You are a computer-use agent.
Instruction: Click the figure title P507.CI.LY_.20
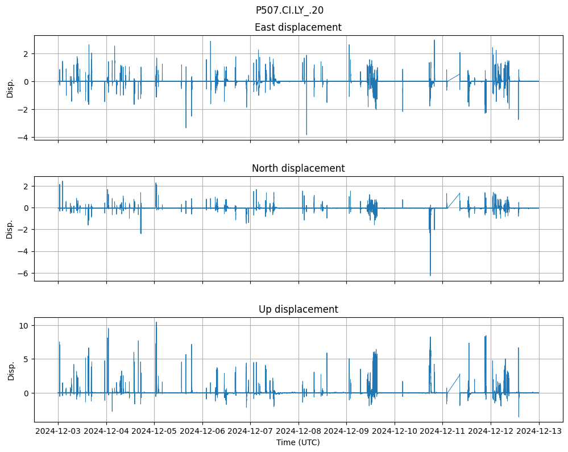289,10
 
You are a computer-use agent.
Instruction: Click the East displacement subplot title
298,27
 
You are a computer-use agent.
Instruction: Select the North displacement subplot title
298,168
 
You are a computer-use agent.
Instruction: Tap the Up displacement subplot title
298,309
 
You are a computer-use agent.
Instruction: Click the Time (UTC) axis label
298,442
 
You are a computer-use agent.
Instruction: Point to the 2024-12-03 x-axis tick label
58,431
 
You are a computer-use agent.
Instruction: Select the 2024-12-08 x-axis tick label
298,431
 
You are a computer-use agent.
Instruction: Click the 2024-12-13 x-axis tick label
539,431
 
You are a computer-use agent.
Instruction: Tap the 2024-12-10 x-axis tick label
395,431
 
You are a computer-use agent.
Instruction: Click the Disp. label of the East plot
10,88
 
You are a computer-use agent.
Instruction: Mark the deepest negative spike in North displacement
430,276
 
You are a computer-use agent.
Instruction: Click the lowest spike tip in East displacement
306,135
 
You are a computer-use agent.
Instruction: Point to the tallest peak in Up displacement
156,322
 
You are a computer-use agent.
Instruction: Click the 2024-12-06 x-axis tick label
202,431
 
